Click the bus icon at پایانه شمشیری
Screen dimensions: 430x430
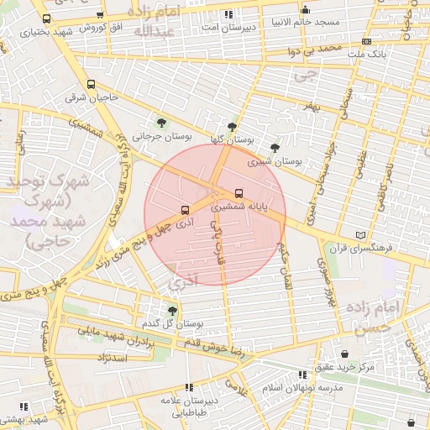pos(239,193)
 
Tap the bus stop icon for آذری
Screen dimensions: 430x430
pos(185,210)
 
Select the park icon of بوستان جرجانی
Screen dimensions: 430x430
pos(161,123)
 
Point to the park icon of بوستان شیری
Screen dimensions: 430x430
pos(275,147)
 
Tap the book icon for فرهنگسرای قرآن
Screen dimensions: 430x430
pos(360,235)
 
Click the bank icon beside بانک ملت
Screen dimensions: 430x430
pos(366,40)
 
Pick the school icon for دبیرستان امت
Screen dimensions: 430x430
pos(228,14)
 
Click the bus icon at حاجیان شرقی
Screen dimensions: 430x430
pos(91,84)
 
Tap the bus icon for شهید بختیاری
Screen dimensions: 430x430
pos(45,18)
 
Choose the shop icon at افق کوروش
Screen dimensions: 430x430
pos(100,14)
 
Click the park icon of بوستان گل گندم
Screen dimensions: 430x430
pos(172,310)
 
